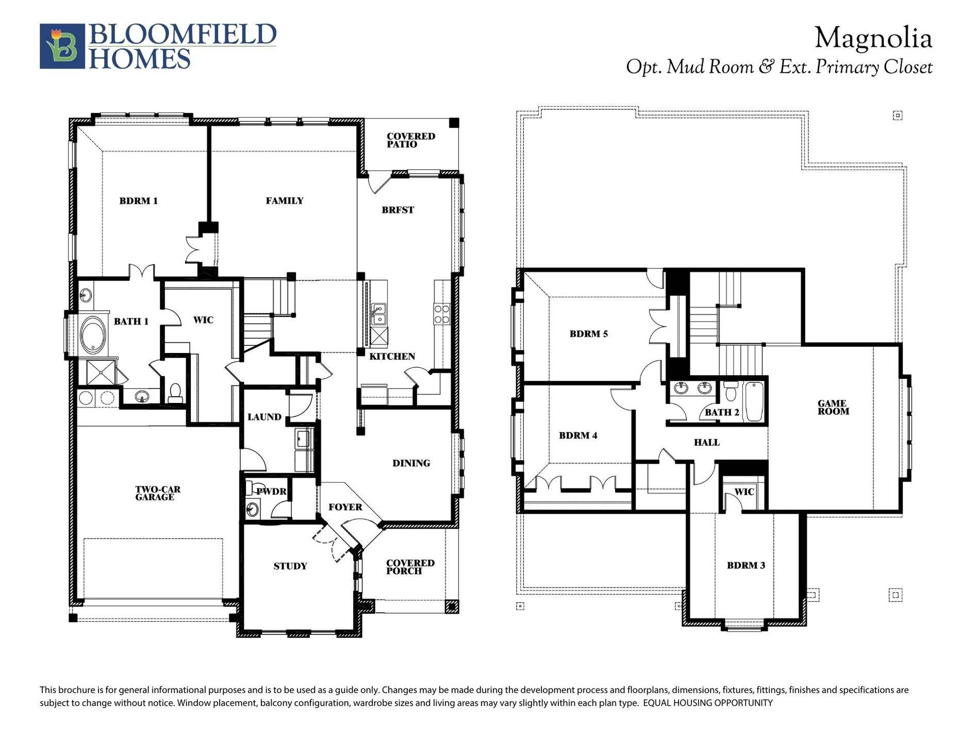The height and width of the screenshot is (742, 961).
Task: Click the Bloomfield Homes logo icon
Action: [62, 46]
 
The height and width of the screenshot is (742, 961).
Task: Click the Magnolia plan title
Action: [873, 39]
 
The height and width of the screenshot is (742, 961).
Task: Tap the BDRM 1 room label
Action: [138, 201]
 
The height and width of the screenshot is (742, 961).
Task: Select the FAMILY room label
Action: [285, 201]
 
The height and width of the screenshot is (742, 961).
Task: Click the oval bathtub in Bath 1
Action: [93, 335]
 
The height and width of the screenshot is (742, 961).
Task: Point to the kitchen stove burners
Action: [442, 314]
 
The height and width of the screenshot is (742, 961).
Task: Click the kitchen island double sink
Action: [378, 314]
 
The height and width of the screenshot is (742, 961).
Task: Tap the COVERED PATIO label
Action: [410, 140]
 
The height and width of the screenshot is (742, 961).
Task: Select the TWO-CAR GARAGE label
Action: [158, 493]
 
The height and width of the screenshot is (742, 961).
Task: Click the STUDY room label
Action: [290, 566]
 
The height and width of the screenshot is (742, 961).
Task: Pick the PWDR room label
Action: [272, 492]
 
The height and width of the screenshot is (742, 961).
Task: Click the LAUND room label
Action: [264, 417]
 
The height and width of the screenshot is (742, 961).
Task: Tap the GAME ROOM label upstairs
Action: [833, 407]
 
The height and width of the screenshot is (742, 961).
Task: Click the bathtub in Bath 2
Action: [753, 402]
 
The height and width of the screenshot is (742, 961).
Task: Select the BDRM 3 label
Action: [745, 565]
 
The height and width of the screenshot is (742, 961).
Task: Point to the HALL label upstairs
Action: [706, 442]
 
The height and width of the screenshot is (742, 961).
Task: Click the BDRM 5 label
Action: [588, 334]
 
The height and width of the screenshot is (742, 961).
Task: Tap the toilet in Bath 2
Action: [730, 392]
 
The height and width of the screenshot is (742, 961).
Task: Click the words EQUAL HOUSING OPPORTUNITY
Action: [707, 703]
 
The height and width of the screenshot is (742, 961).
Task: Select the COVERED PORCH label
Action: [410, 567]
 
